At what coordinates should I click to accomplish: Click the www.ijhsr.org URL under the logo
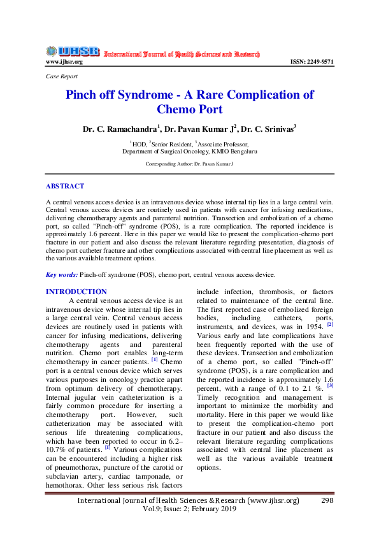coord(64,62)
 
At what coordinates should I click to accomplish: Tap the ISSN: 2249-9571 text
coord(312,62)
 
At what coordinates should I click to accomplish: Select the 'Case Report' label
coord(62,76)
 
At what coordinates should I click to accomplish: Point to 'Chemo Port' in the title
coord(189,109)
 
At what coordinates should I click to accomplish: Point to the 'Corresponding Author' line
coord(189,164)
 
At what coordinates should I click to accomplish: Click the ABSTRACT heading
coord(64,187)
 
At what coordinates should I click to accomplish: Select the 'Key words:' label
coord(62,274)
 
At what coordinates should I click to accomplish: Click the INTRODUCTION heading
coord(76,292)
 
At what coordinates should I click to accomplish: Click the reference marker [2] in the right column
coord(330,324)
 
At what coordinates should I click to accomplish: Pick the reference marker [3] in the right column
coord(330,385)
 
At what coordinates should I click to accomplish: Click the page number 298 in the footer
coord(327,500)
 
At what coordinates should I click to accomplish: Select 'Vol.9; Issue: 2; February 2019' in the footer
coord(189,510)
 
